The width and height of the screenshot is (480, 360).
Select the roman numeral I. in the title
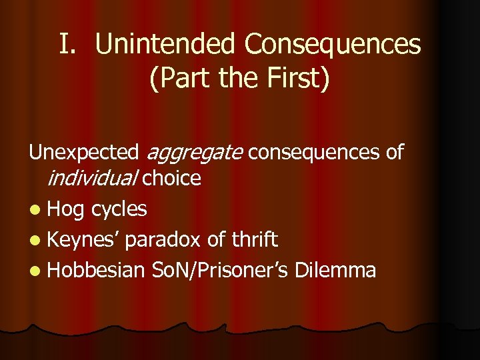69,45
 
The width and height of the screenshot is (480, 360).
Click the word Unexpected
83,153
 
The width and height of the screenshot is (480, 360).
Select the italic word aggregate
193,153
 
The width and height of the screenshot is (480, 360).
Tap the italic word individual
91,178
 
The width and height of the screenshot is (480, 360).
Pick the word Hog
67,209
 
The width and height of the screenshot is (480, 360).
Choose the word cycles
119,209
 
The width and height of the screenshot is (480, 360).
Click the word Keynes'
84,239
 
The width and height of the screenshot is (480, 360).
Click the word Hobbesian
96,270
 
